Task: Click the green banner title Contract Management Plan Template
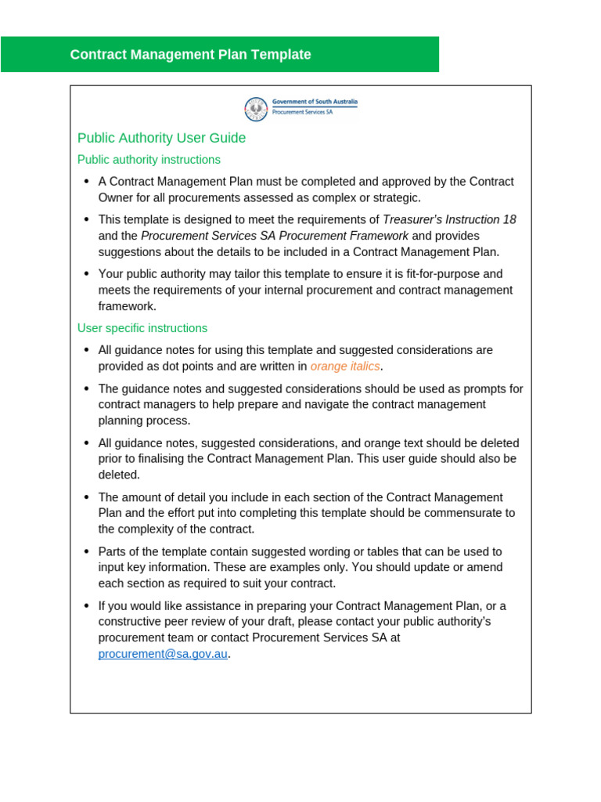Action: pos(190,55)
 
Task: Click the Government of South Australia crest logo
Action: pos(256,109)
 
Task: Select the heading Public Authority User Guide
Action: pos(161,138)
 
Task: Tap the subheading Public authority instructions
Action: pos(149,160)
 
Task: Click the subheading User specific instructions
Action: pos(142,328)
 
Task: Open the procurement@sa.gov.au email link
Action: pos(163,654)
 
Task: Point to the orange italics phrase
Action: pos(345,367)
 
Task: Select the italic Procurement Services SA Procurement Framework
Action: pos(275,236)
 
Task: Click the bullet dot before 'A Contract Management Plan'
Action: pos(86,182)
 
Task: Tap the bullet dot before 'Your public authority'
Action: pos(86,274)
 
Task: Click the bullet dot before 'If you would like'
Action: pos(86,606)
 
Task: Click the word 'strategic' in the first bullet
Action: pos(395,197)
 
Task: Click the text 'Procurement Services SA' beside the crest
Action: pos(302,112)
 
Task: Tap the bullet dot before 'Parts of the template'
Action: pos(86,552)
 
